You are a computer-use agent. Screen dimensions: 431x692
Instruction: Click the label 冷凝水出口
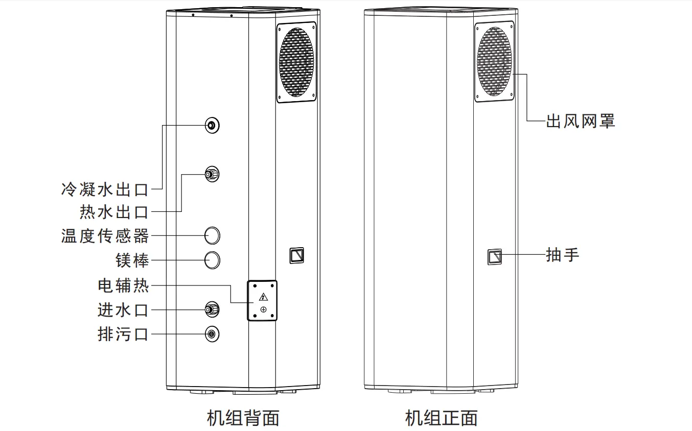click(105, 189)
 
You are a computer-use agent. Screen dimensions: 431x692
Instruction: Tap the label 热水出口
click(114, 211)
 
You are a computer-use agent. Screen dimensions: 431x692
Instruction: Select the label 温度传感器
click(105, 236)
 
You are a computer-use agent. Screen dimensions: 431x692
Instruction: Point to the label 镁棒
click(132, 260)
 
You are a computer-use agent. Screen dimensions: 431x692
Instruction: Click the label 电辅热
click(123, 285)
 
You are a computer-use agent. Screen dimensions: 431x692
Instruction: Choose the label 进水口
click(123, 309)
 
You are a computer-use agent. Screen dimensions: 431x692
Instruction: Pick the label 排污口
click(123, 334)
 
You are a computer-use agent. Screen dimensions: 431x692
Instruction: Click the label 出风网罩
click(581, 121)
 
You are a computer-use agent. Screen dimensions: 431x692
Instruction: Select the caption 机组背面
click(243, 418)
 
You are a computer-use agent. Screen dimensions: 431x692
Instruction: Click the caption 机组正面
click(442, 418)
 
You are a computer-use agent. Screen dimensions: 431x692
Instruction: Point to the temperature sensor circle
click(212, 235)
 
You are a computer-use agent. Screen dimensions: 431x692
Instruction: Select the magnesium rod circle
click(212, 260)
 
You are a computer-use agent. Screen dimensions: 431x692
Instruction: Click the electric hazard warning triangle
click(263, 297)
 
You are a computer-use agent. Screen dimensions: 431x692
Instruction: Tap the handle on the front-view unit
click(494, 256)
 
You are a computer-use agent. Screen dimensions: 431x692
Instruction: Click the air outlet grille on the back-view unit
click(296, 62)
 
